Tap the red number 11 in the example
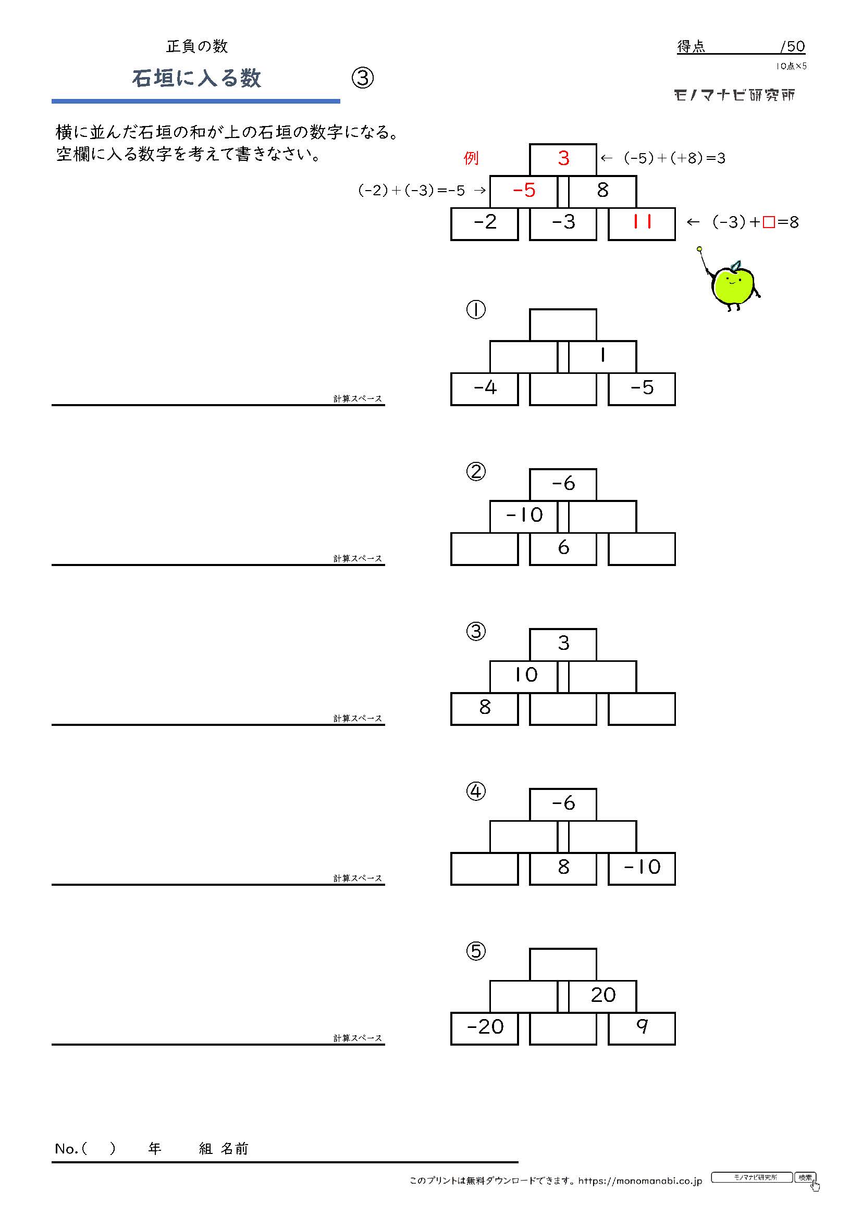[642, 222]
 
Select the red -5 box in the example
[523, 192]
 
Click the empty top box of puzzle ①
[563, 324]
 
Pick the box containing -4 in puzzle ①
[485, 390]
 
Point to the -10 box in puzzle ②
[523, 516]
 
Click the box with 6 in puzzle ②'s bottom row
[563, 548]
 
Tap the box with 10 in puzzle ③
[523, 676]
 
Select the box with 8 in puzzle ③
[485, 709]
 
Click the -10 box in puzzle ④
[642, 869]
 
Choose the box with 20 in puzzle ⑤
[602, 996]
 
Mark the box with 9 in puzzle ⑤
[642, 1028]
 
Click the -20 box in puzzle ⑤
[485, 1028]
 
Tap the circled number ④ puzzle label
[476, 792]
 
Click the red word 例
[471, 158]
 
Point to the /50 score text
[793, 47]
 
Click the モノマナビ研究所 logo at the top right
[735, 95]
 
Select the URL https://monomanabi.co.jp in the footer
[640, 1181]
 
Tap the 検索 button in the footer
[805, 1177]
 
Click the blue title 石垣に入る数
[196, 79]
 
